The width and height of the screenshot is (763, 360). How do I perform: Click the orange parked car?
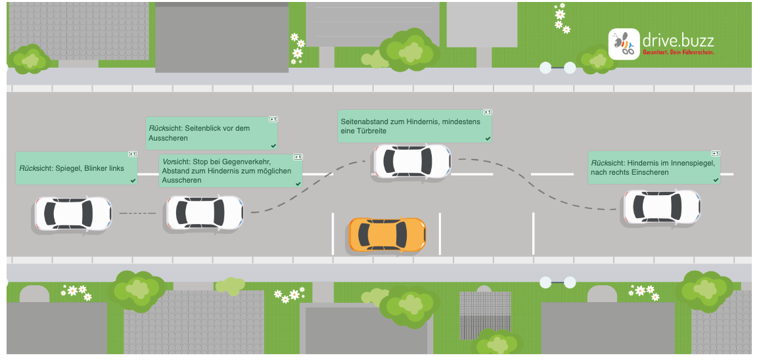coord(387,235)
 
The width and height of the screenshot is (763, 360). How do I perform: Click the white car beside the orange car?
coord(412,161)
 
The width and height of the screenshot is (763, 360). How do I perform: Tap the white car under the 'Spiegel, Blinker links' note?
coord(72,214)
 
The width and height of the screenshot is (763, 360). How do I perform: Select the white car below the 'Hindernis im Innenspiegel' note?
coord(661,207)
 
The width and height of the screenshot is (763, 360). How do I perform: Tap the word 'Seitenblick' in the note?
coord(197,128)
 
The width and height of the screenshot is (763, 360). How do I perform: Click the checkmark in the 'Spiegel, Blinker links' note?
coord(133,179)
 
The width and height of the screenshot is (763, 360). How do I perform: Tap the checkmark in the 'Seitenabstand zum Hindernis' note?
coord(487,139)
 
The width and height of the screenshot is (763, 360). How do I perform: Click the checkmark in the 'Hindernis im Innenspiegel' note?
coord(716,179)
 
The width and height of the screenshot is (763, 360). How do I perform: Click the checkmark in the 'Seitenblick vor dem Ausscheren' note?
coord(273,145)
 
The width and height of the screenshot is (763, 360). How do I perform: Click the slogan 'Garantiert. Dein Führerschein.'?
coord(678,52)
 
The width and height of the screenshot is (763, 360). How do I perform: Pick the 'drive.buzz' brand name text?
coord(678,39)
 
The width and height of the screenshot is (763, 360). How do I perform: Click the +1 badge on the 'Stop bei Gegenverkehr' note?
coord(297,157)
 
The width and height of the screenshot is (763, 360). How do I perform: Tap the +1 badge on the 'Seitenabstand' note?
coord(487,112)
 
